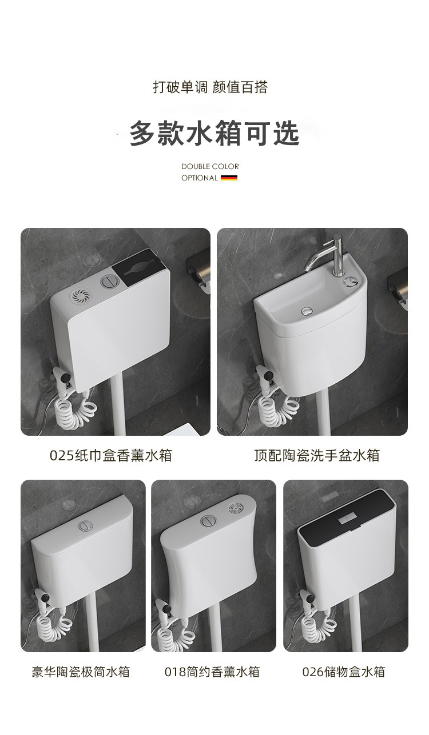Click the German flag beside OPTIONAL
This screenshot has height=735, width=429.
[229, 178]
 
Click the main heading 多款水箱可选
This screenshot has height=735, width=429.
[214, 133]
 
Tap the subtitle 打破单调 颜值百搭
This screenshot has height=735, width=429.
[210, 87]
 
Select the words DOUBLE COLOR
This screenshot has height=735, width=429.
[210, 166]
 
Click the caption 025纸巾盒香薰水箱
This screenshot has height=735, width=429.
[111, 455]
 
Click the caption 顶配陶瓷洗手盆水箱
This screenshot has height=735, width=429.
[317, 455]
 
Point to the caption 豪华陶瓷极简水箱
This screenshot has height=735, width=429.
[81, 672]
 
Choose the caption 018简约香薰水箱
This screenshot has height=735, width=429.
[212, 672]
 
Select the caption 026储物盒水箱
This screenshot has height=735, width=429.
[344, 672]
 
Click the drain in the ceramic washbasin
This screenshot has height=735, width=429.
[307, 310]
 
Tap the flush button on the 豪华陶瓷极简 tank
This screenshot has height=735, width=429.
[86, 526]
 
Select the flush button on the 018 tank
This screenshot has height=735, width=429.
[208, 521]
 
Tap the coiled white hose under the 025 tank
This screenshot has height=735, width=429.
[75, 410]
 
